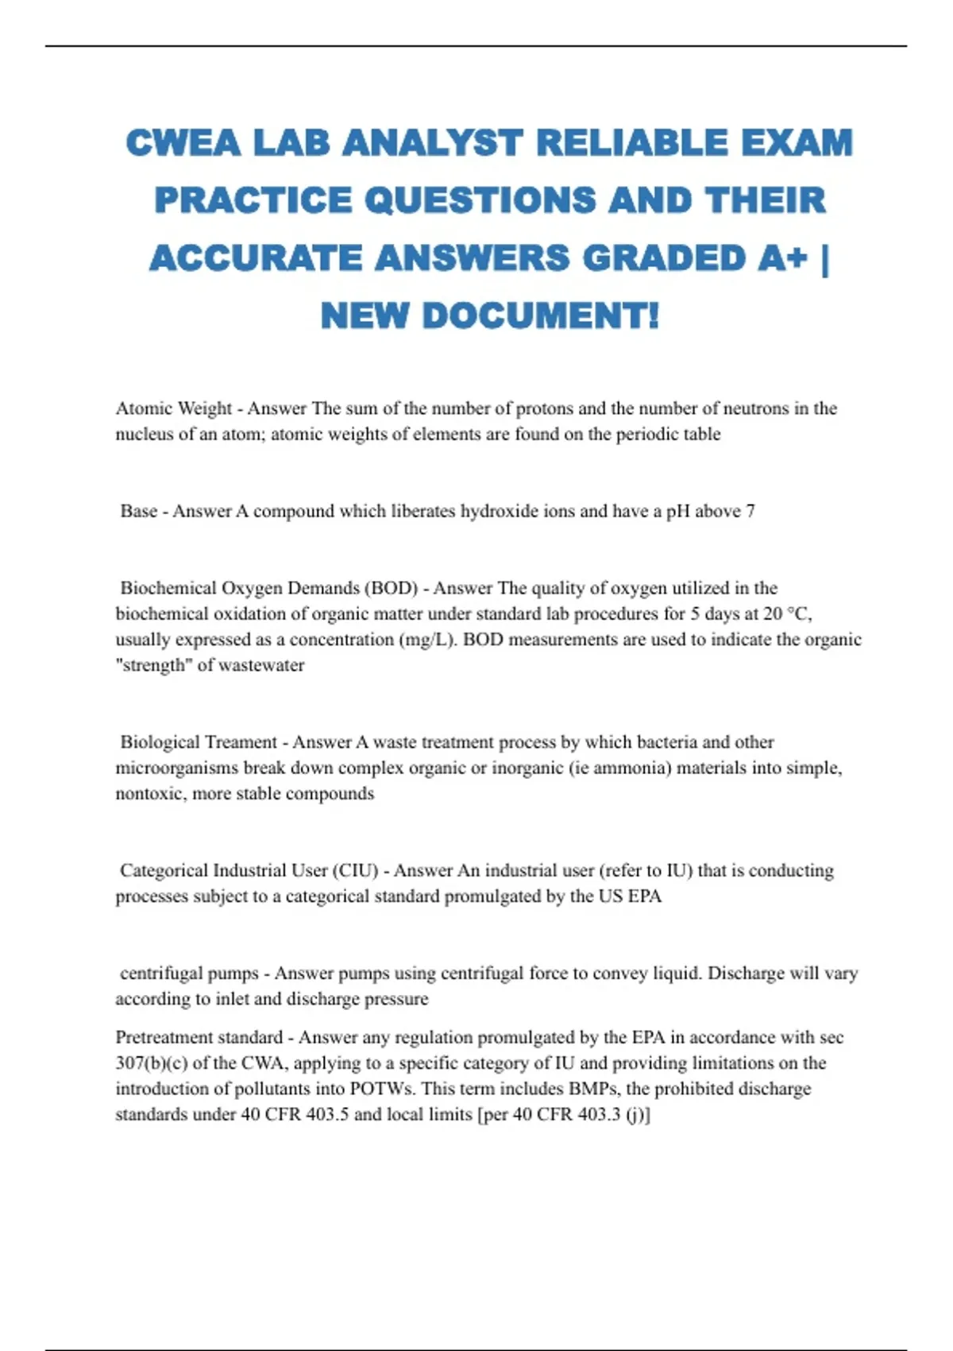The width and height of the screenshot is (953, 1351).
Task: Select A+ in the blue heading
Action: [x=781, y=258]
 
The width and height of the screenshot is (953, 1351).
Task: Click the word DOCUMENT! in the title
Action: [x=541, y=316]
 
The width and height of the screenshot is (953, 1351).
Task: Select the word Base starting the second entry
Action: [x=139, y=511]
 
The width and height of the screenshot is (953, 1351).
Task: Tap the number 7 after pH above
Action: [x=750, y=511]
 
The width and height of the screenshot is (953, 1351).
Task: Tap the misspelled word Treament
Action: [x=241, y=742]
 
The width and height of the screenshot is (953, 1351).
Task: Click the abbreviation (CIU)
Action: [x=355, y=870]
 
